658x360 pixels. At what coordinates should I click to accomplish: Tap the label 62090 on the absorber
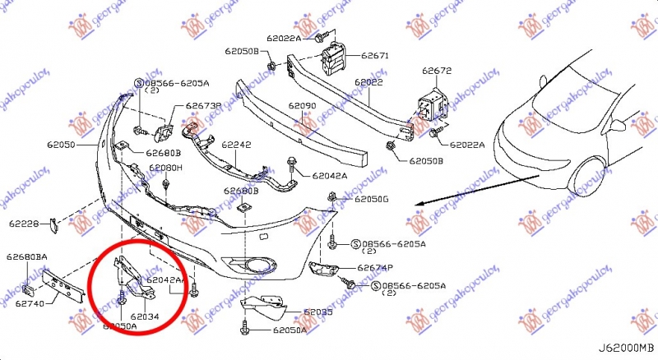point(302,106)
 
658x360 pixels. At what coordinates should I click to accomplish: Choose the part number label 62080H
point(165,168)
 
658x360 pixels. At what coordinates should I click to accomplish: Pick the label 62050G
point(372,199)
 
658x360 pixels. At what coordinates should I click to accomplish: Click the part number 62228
point(25,223)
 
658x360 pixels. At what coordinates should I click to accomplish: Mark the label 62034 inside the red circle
point(144,316)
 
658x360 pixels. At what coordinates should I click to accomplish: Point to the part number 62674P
point(375,268)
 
